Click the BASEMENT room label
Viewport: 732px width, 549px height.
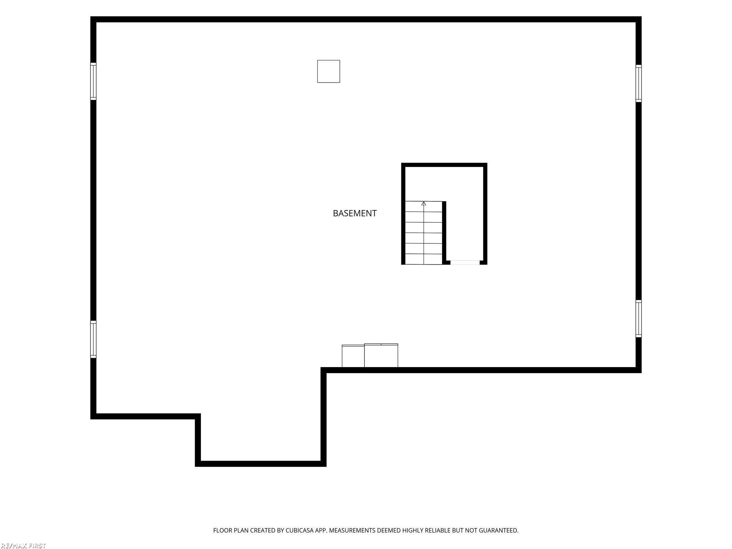355,213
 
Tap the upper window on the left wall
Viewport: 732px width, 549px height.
93,81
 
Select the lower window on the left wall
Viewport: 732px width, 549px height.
93,339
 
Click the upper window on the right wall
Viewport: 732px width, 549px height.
638,83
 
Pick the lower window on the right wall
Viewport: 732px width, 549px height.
638,318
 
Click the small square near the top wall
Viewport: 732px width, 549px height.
328,71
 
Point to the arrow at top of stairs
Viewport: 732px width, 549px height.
424,204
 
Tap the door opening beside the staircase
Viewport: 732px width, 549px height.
465,263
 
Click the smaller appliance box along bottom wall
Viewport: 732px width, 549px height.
353,356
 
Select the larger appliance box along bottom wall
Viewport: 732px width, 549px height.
381,355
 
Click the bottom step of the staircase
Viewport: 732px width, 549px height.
424,259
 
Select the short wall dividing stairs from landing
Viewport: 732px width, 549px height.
444,233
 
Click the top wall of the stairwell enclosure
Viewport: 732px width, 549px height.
444,165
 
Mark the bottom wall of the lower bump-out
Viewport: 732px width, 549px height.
261,464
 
